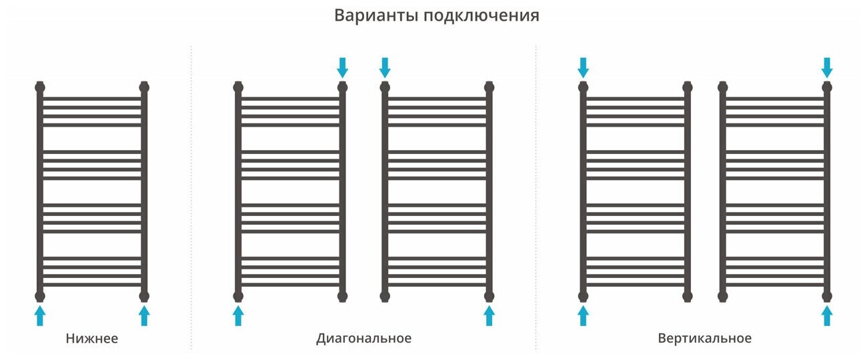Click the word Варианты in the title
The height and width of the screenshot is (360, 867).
point(375,15)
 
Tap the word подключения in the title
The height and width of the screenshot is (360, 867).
point(481,16)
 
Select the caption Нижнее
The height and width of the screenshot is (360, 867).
point(92,339)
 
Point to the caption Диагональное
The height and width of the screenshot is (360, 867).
point(363,339)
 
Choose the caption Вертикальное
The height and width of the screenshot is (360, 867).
point(704,339)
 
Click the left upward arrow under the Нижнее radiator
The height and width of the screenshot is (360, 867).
point(40,315)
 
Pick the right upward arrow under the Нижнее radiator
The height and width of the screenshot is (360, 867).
point(144,315)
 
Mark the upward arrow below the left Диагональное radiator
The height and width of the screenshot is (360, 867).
point(238,315)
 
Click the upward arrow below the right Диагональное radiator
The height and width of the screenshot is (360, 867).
point(490,315)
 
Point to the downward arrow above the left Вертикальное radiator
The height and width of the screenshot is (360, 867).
point(583,67)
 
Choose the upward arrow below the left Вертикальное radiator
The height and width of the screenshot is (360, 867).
point(583,315)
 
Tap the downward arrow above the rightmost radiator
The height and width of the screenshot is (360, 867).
point(827,67)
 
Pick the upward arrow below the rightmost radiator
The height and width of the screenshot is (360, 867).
point(827,315)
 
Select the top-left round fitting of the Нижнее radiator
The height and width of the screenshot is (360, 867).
point(40,87)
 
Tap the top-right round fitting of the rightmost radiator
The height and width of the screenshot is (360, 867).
point(827,87)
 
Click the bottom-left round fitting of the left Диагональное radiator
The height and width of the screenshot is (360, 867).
point(238,295)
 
